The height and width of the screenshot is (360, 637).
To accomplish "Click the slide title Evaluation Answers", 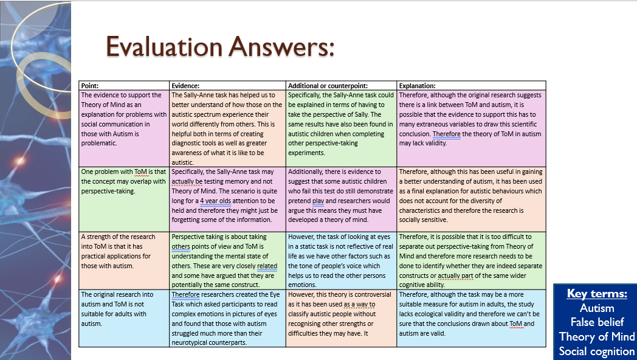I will coord(220,47).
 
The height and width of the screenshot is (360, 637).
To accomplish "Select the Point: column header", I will coord(90,86).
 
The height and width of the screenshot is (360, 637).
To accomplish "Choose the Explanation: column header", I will coord(417,86).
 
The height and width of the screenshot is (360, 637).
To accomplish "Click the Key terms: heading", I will coord(596,294).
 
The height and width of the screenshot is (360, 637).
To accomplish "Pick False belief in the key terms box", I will coord(596,322).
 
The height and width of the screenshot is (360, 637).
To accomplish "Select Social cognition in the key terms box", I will coord(596,351).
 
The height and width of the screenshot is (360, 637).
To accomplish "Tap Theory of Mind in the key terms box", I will coord(596,337).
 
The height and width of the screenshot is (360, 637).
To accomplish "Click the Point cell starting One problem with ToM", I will coord(124,181).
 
